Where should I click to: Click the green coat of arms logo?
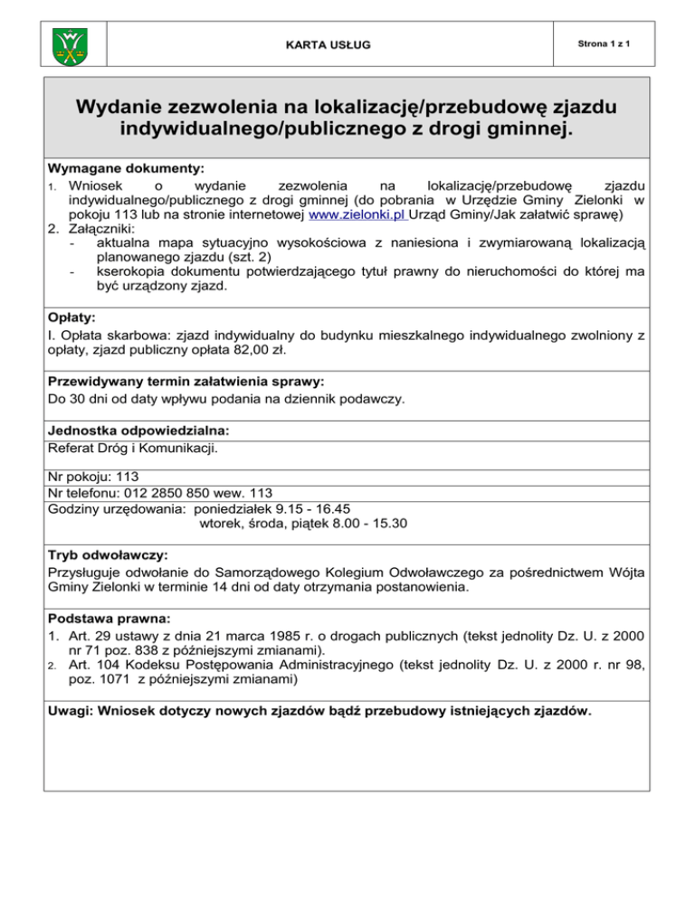[x=69, y=42]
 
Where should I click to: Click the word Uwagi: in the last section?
[x=72, y=711]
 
